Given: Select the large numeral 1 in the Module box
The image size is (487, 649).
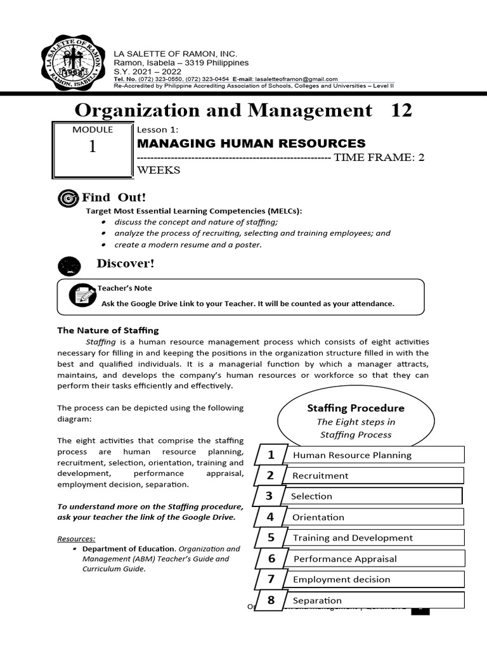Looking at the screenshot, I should [x=93, y=147].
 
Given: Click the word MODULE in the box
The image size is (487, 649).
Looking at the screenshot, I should [x=93, y=129].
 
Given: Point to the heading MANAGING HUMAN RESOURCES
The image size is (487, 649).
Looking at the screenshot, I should [x=252, y=143].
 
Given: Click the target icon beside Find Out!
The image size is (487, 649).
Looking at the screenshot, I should [x=67, y=198].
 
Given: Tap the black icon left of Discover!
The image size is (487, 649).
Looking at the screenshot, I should [x=69, y=265].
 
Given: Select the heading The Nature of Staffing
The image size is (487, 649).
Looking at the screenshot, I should [x=108, y=330].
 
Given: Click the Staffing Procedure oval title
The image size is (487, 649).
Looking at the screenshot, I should [x=356, y=408].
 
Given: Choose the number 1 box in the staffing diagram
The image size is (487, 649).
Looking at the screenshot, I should [x=271, y=454].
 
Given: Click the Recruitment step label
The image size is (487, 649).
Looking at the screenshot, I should [x=320, y=475].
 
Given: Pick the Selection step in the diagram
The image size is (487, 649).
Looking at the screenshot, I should [x=311, y=496].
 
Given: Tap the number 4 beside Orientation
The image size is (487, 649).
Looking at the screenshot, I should [x=270, y=517].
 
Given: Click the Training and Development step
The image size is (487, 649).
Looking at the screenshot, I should [x=353, y=537].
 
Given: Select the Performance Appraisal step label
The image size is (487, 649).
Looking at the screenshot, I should [x=345, y=558].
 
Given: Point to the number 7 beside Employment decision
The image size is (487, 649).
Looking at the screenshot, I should [x=271, y=579].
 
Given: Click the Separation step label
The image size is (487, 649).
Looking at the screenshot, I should [x=317, y=600].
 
